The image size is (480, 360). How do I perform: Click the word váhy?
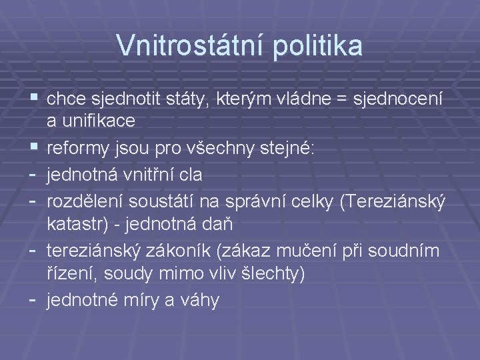[200, 301]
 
